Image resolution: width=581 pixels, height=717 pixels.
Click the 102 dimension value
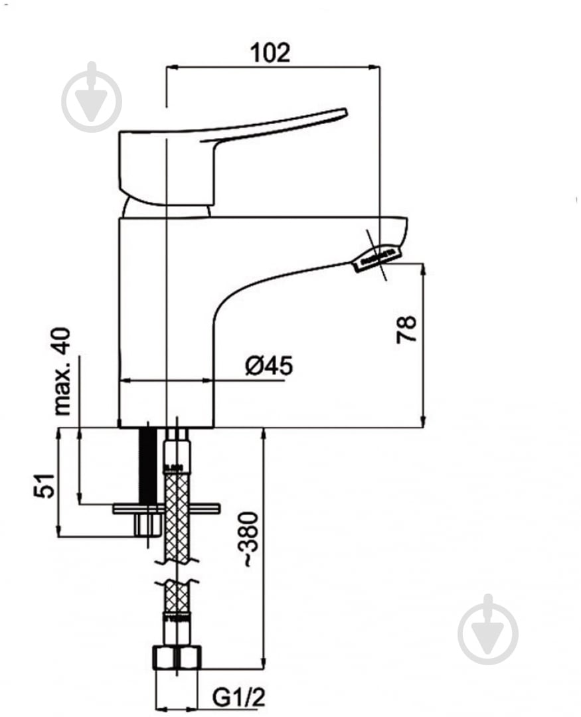pyautogui.click(x=270, y=53)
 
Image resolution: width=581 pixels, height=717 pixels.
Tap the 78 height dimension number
pyautogui.click(x=406, y=329)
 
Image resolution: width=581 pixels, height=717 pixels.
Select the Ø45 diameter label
pyautogui.click(x=269, y=366)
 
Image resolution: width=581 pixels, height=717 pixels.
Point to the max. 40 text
pyautogui.click(x=62, y=371)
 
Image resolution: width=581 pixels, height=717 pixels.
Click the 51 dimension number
pyautogui.click(x=44, y=485)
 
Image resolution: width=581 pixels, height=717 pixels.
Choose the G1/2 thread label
pyautogui.click(x=238, y=698)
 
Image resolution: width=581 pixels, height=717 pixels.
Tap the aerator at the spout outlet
pyautogui.click(x=376, y=258)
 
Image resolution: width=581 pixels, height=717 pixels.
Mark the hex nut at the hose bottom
pyautogui.click(x=177, y=657)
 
